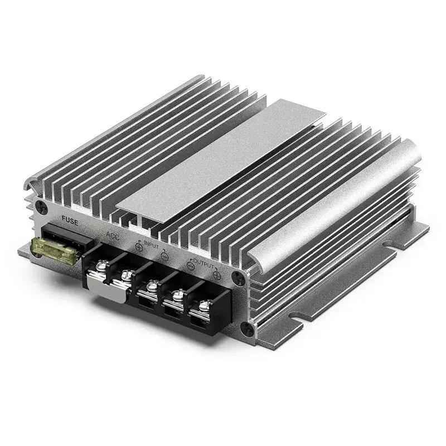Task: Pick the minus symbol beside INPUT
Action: point(165,256)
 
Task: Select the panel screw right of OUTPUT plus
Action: point(239,275)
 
